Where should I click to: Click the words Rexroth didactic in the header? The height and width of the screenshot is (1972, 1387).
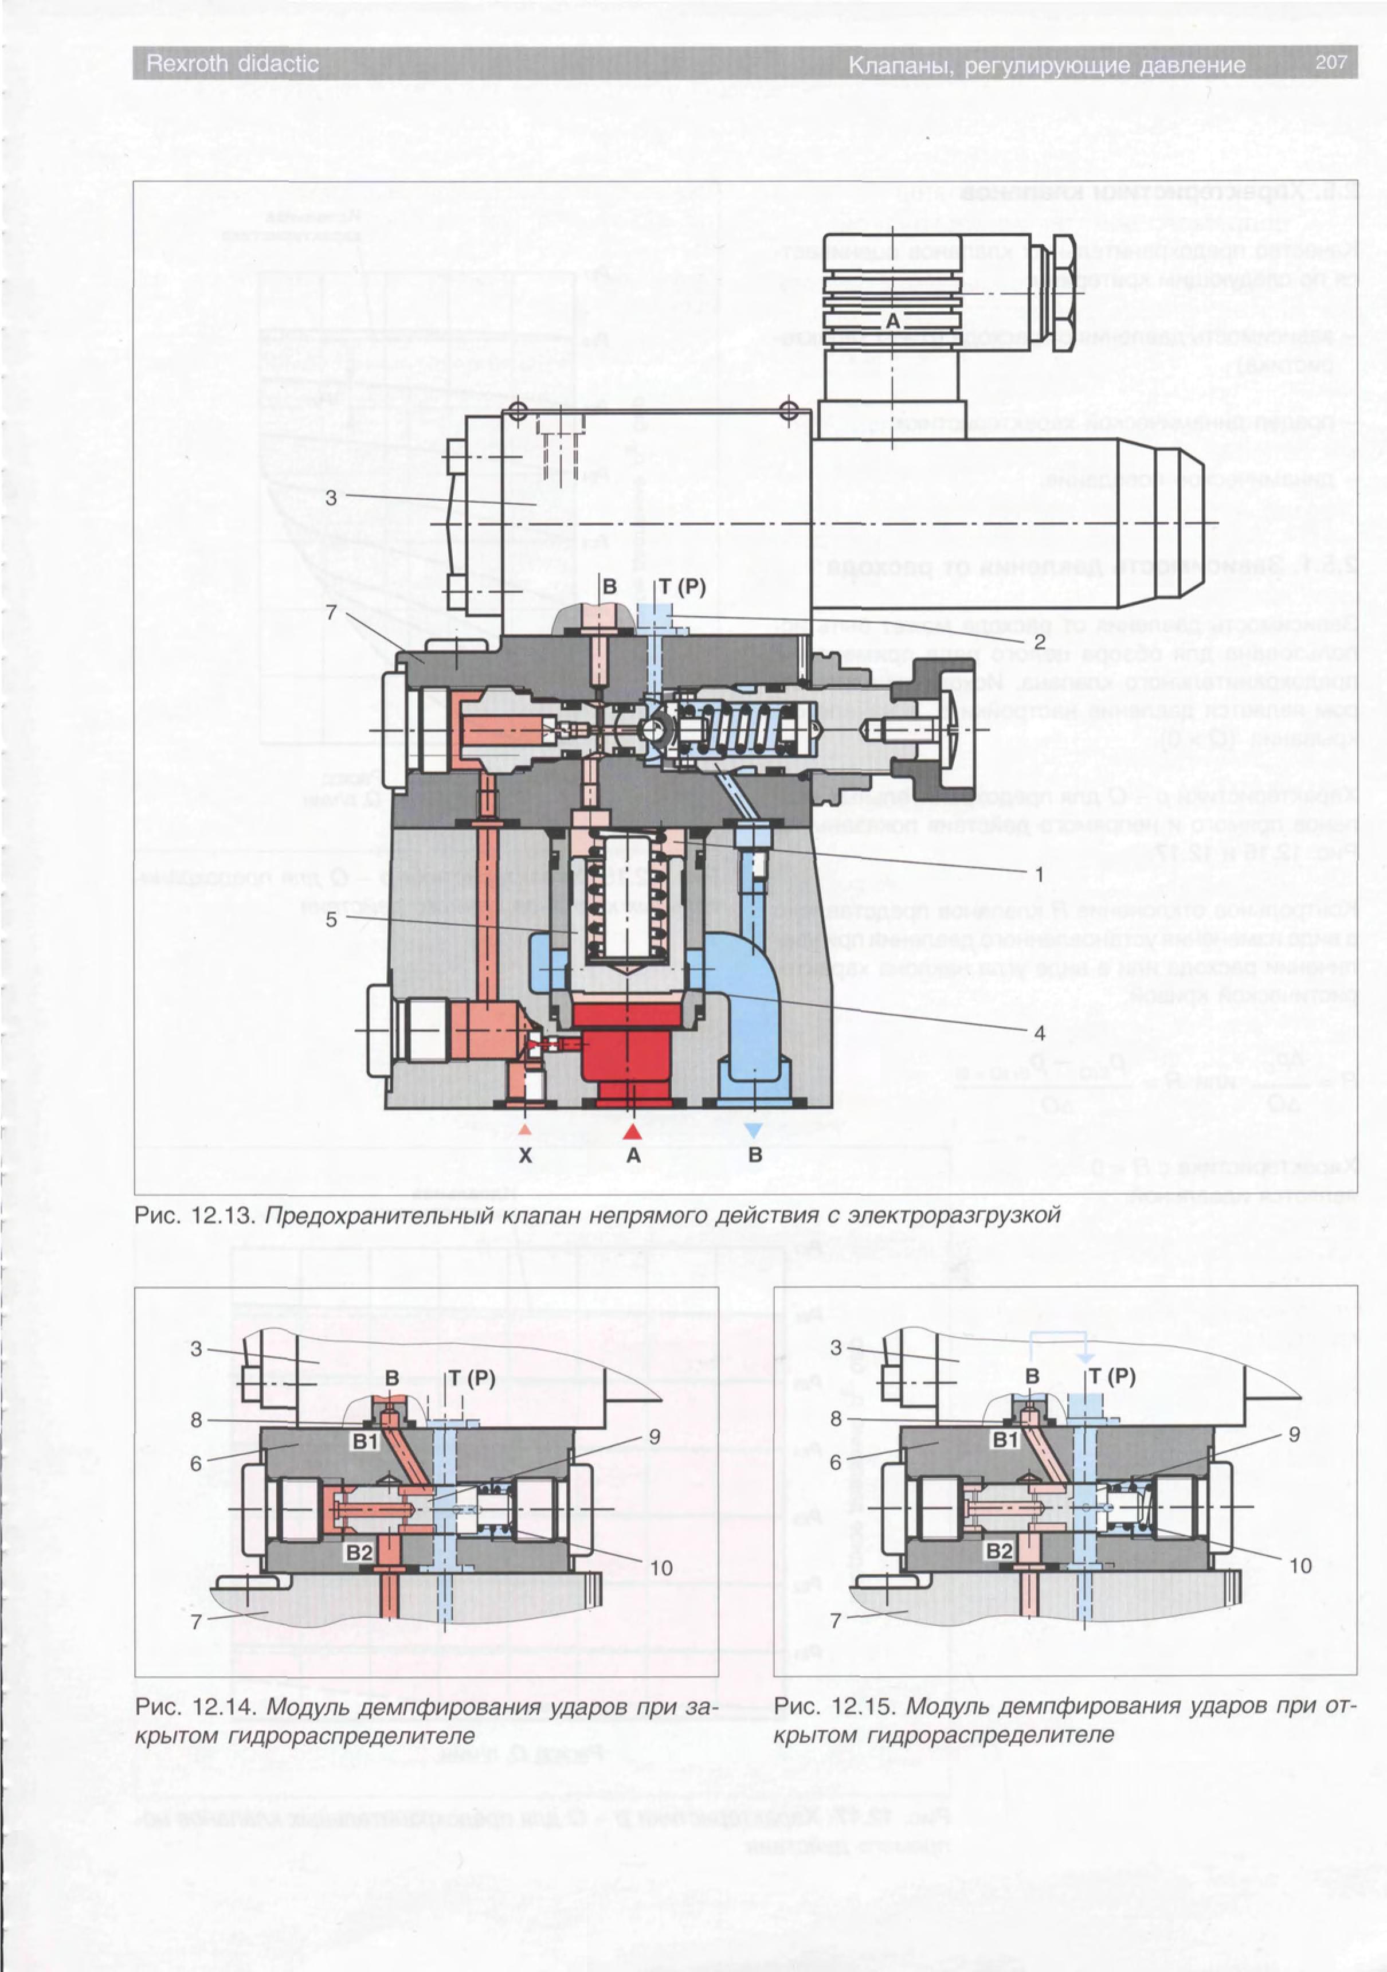point(232,64)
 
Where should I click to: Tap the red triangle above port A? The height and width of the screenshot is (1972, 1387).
point(633,1130)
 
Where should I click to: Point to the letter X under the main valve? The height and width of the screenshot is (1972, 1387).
point(525,1155)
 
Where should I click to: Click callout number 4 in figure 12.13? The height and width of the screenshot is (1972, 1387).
point(1039,1033)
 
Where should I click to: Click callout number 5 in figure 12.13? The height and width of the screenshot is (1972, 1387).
point(331,920)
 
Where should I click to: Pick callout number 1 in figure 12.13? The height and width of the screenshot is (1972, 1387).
point(1039,874)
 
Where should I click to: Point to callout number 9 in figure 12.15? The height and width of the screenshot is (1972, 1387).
point(1294,1434)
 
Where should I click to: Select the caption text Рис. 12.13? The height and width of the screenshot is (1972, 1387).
point(196,1215)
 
